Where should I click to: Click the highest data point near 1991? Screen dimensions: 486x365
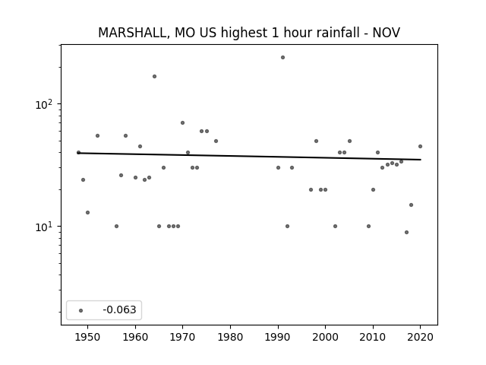(x=282, y=58)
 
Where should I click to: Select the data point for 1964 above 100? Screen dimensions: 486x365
(x=154, y=76)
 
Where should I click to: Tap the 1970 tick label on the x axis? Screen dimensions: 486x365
(x=182, y=337)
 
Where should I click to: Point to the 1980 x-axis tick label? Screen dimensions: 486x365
(x=230, y=337)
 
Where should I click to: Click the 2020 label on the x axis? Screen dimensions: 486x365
(x=420, y=337)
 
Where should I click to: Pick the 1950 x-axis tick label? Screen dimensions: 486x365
(x=88, y=337)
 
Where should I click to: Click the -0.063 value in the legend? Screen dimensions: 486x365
(x=119, y=309)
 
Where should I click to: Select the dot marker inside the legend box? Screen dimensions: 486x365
(x=81, y=310)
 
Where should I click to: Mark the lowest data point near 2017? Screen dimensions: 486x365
(x=407, y=232)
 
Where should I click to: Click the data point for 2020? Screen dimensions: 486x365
(x=420, y=146)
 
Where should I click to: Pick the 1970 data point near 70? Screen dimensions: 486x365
(x=182, y=122)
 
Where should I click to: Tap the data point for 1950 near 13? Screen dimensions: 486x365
(x=88, y=212)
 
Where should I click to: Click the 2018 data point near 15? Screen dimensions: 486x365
(x=412, y=205)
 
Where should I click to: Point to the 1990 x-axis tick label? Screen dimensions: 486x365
(x=278, y=337)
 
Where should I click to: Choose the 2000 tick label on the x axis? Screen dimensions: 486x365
(x=325, y=337)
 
